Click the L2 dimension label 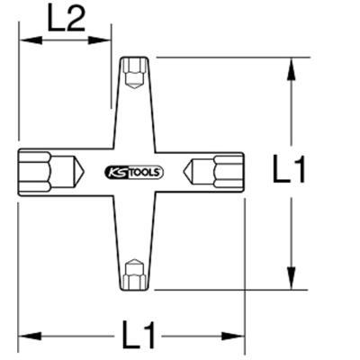tap(66, 19)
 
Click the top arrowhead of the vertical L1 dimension tap(290, 66)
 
